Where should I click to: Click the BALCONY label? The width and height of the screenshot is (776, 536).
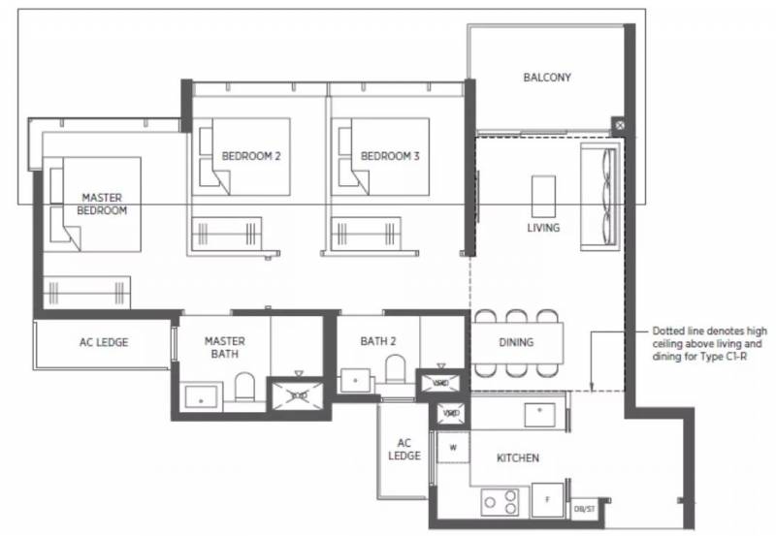click(x=547, y=78)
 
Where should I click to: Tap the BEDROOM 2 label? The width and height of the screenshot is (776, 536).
click(x=251, y=156)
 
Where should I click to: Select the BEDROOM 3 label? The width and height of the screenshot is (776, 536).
click(x=390, y=156)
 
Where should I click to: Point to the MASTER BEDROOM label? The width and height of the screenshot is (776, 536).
click(x=102, y=204)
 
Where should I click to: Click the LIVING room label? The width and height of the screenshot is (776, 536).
click(x=543, y=228)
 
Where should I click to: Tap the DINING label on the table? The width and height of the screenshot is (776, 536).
click(x=516, y=342)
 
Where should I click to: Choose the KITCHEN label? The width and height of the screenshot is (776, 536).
click(x=518, y=458)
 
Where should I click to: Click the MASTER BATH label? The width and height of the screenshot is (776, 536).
click(x=225, y=348)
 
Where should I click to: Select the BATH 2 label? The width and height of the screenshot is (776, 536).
click(x=378, y=341)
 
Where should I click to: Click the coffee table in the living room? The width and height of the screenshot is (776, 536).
click(x=543, y=197)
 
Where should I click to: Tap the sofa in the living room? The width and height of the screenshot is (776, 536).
click(x=600, y=197)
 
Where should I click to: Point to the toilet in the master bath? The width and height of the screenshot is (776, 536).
click(x=244, y=387)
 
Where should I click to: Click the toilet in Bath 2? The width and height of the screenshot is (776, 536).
click(x=395, y=369)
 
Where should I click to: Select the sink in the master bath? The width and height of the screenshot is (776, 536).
click(x=201, y=397)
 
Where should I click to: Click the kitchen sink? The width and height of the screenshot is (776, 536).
click(x=540, y=415)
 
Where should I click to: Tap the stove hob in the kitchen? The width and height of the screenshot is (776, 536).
click(x=500, y=502)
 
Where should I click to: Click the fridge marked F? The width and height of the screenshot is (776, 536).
click(x=547, y=500)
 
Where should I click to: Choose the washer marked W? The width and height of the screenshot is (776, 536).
click(x=453, y=448)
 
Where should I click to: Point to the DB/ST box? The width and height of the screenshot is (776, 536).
click(x=585, y=509)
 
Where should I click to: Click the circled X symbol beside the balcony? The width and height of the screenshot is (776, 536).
click(x=619, y=126)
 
